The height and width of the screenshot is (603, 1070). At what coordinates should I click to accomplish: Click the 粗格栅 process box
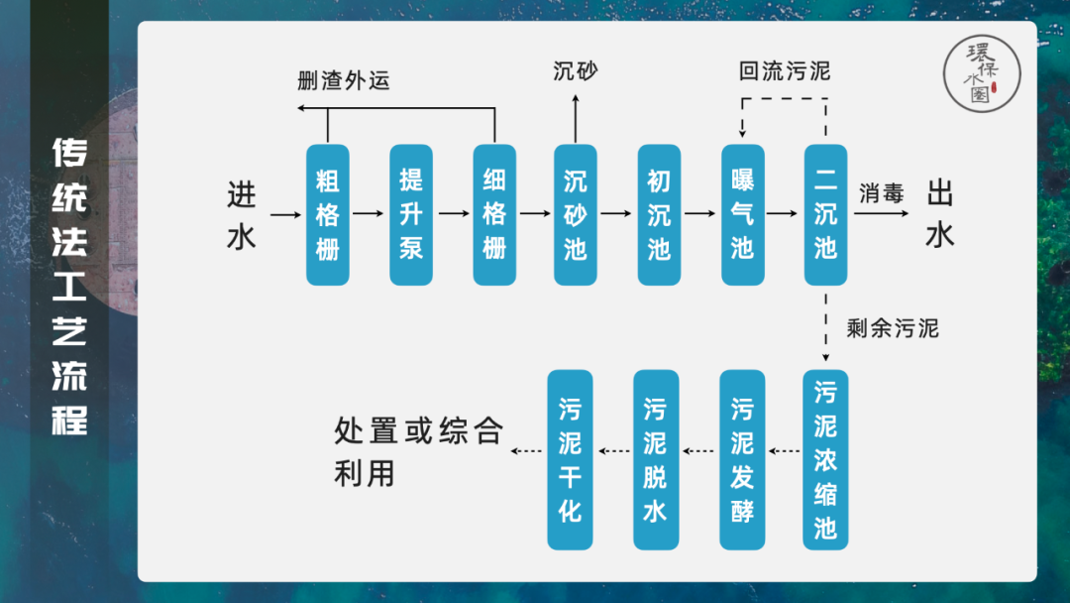click(x=328, y=214)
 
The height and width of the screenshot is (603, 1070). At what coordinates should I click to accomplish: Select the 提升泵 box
click(x=411, y=214)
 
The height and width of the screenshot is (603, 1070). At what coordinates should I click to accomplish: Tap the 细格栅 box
click(x=494, y=214)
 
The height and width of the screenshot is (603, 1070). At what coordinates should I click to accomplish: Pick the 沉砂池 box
click(x=576, y=214)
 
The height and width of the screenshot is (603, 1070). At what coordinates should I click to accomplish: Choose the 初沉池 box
click(x=659, y=214)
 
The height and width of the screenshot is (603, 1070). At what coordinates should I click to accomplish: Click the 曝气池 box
click(x=742, y=214)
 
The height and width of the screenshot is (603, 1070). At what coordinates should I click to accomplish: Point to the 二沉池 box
click(x=825, y=214)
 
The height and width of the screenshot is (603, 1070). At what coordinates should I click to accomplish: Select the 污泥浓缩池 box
click(x=825, y=459)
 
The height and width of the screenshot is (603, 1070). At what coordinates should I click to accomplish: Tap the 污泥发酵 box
click(x=742, y=459)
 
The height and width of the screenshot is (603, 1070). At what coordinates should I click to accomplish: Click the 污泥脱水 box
click(x=656, y=459)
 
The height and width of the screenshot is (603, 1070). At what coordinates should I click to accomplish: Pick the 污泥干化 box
click(x=570, y=459)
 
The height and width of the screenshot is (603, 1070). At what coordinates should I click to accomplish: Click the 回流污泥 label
click(x=785, y=71)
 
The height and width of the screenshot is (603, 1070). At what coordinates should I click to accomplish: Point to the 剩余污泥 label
click(x=892, y=328)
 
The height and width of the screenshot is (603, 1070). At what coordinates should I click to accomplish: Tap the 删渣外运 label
click(x=344, y=80)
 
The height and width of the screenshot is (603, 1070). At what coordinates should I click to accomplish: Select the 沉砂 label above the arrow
click(x=576, y=71)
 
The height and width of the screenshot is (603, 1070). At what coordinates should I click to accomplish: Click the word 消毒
click(x=882, y=193)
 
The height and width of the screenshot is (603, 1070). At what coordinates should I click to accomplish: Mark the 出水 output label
click(x=940, y=214)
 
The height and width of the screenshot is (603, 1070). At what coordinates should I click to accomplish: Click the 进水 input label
click(x=242, y=215)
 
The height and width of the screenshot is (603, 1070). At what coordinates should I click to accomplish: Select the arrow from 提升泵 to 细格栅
click(x=453, y=213)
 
